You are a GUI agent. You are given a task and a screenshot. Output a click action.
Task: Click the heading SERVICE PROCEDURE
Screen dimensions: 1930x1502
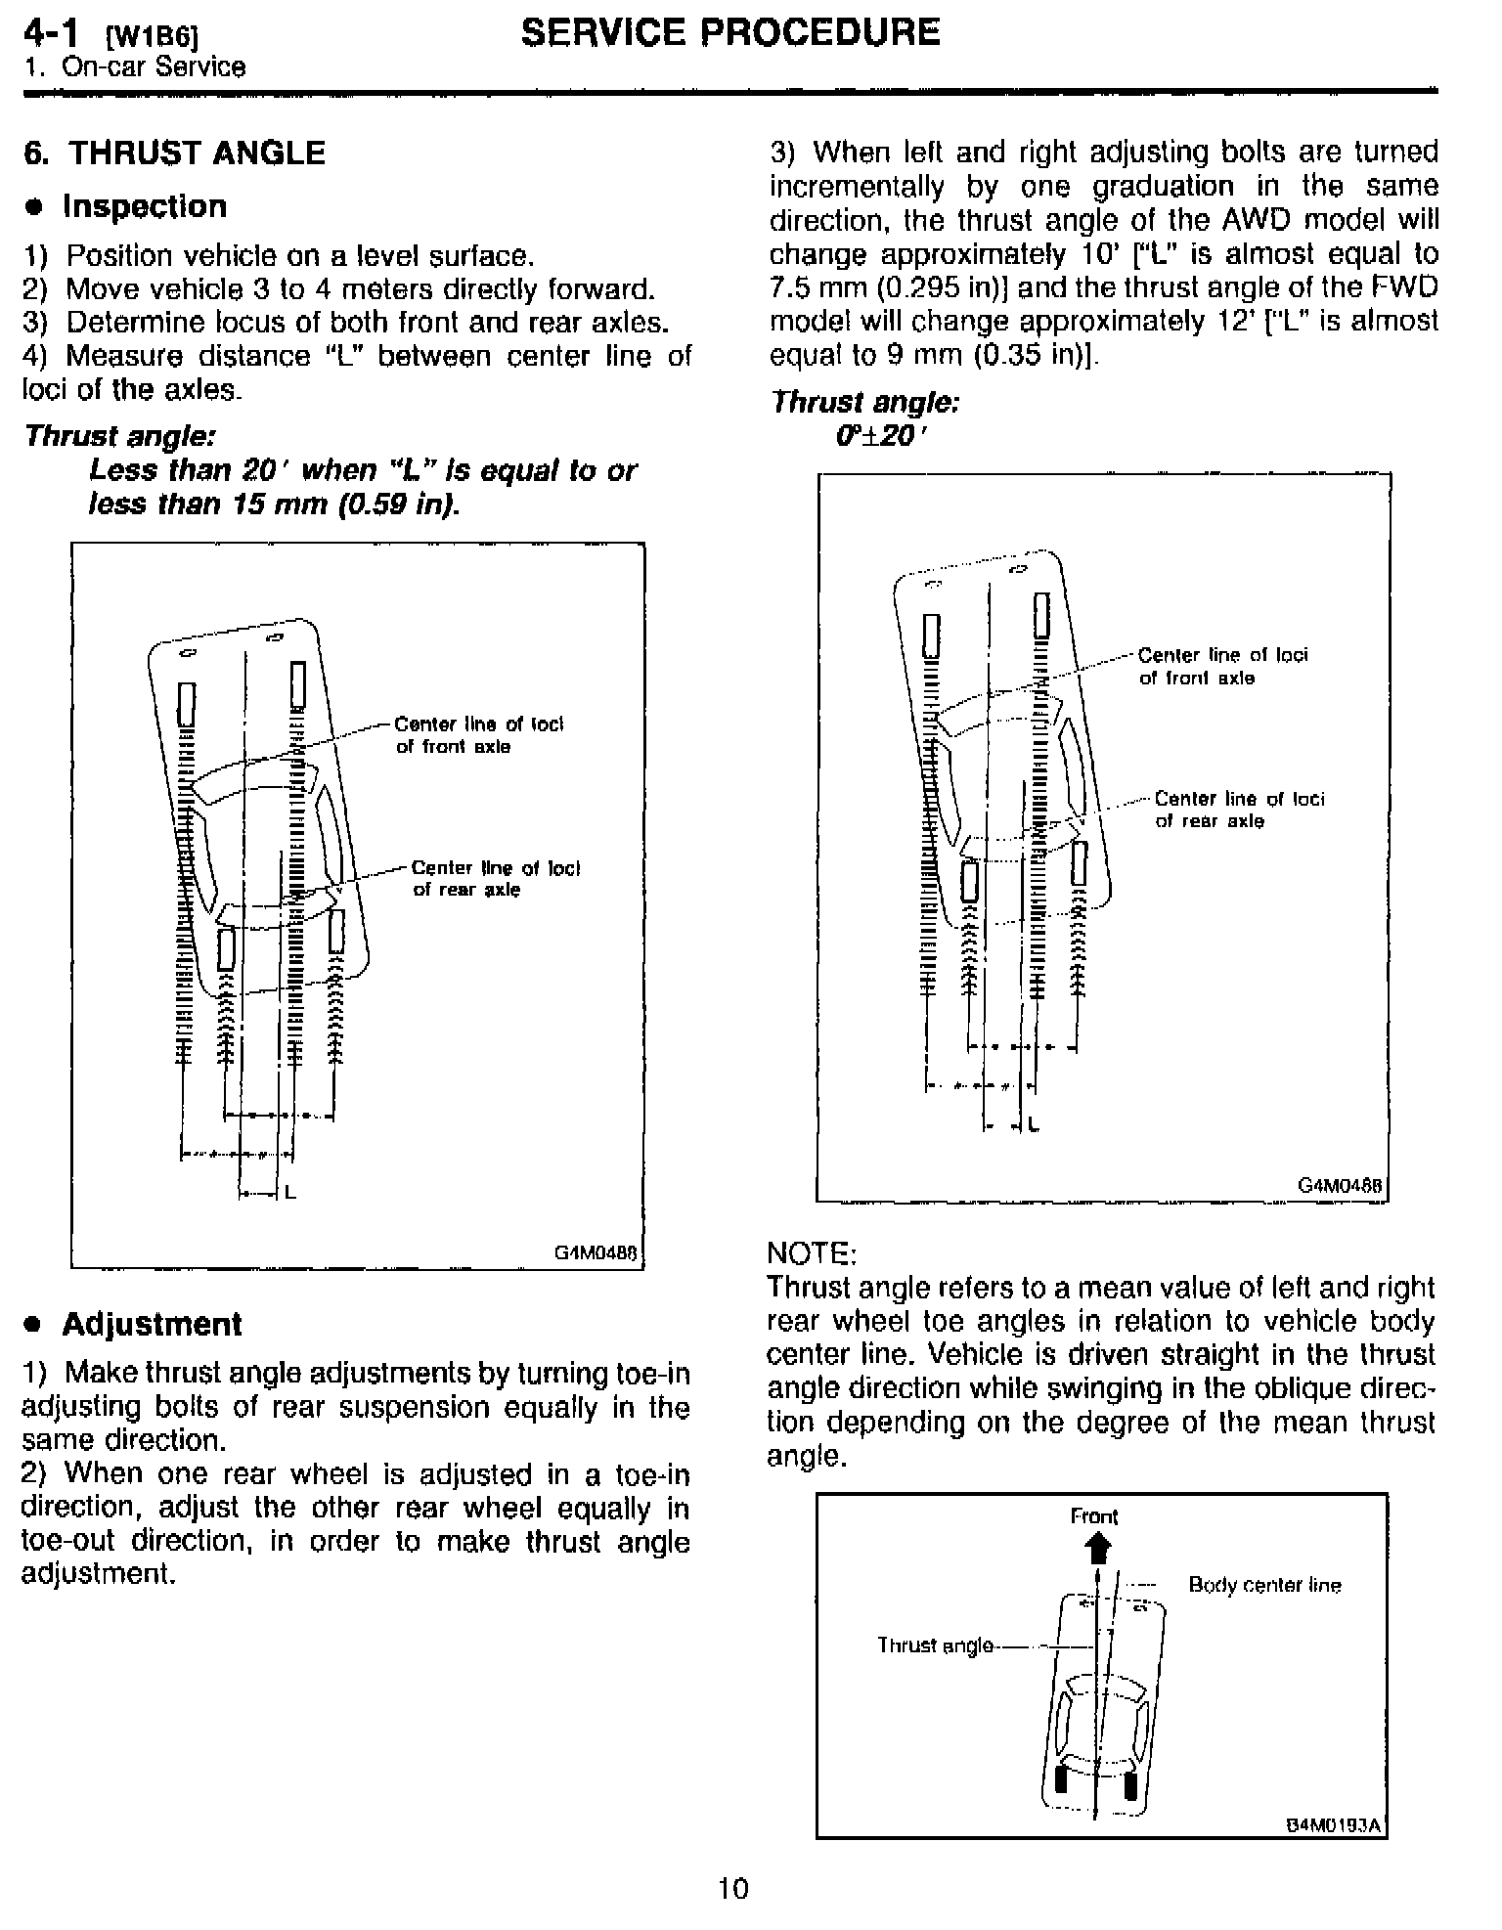(729, 33)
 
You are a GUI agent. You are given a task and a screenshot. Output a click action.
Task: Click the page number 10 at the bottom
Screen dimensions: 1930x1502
(732, 1887)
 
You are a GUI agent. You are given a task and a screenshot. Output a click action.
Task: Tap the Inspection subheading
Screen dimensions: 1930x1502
(144, 206)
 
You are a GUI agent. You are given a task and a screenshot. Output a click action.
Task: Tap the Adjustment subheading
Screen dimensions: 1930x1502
(152, 1324)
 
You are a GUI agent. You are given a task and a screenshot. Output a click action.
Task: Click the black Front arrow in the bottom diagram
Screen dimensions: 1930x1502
(1099, 1549)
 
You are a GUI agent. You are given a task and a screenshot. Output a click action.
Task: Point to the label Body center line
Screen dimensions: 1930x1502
(1264, 1585)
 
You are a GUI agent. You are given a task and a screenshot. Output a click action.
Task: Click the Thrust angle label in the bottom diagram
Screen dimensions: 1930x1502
(935, 1645)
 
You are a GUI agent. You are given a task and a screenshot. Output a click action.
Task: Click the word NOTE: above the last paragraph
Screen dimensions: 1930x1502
(812, 1252)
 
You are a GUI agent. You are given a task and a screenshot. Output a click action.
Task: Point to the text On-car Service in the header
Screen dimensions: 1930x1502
(154, 67)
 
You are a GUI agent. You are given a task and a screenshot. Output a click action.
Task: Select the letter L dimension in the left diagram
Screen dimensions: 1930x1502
(290, 1192)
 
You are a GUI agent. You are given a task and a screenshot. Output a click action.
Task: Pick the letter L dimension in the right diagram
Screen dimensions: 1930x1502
(1034, 1126)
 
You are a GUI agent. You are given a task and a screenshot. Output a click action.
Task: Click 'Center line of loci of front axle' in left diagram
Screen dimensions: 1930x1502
(479, 735)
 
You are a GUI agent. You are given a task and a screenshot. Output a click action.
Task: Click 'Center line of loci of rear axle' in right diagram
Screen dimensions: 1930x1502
(1239, 810)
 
